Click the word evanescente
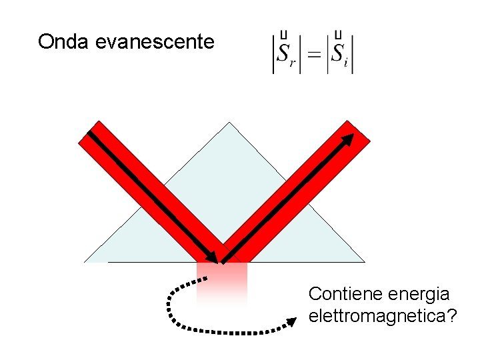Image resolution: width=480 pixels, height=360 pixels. tap(155, 42)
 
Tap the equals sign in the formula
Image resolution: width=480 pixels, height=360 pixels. tap(313, 53)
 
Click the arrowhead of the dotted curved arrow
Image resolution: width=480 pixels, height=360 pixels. tap(291, 323)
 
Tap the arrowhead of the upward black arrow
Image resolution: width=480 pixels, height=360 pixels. tap(349, 138)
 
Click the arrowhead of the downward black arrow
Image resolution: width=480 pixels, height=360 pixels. tap(212, 257)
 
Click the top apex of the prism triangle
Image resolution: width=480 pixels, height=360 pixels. tap(229, 123)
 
